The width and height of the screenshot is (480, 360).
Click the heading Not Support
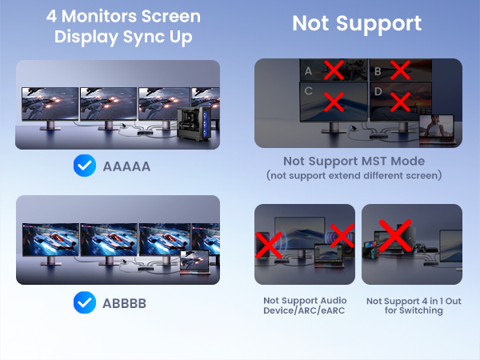click(357, 23)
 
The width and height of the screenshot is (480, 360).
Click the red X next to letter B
click(399, 71)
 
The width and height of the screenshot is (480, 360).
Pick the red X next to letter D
click(399, 102)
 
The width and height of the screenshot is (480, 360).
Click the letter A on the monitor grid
click(308, 71)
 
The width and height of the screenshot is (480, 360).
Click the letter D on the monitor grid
click(377, 101)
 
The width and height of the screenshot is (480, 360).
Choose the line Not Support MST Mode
click(357, 162)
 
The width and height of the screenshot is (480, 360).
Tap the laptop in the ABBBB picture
click(194, 262)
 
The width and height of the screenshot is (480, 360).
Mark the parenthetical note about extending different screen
click(357, 175)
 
